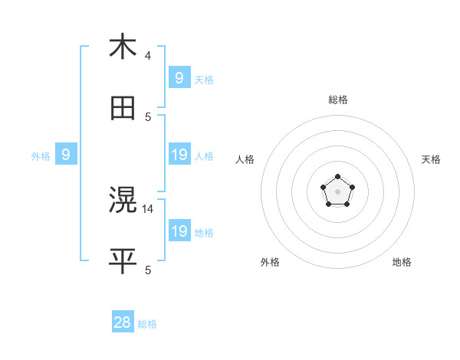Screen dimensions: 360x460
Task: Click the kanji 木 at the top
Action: tap(123, 47)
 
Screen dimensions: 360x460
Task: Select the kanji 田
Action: tap(123, 108)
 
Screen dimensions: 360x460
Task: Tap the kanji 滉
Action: tap(123, 200)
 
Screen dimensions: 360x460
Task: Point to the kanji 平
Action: tap(123, 261)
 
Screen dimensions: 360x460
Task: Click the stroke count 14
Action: tap(149, 208)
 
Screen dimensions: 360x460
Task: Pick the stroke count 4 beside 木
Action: tap(148, 55)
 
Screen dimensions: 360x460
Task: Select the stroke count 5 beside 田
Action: tap(148, 116)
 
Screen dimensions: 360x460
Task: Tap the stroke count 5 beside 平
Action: tap(148, 270)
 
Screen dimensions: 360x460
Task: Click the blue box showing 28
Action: tap(123, 322)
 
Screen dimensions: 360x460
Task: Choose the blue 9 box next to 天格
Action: tap(179, 77)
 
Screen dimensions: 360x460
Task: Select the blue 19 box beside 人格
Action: tap(179, 155)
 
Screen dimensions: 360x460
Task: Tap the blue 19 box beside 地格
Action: tap(179, 231)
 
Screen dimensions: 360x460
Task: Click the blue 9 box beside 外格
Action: tap(66, 155)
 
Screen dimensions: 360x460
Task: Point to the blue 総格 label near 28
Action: tap(147, 324)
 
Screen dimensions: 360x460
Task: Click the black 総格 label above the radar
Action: tap(338, 100)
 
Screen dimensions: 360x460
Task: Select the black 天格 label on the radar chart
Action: tap(431, 159)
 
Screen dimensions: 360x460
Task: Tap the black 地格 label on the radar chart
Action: tap(402, 262)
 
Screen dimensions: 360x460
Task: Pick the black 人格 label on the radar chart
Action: tap(245, 159)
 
